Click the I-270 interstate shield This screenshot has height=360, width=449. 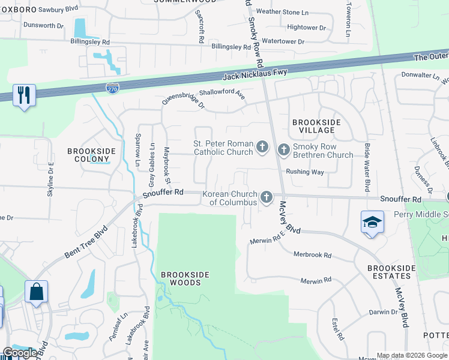click(112, 89)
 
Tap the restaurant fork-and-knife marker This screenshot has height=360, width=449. click(24, 95)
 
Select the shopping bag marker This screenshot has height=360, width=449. click(36, 292)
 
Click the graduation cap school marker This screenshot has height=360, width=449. click(372, 222)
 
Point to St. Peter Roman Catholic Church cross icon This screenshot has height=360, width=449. click(262, 146)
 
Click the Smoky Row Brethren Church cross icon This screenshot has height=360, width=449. click(283, 148)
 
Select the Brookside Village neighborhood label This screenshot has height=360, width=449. click(316, 126)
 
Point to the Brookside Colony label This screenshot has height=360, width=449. click(90, 155)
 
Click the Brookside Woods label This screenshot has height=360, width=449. click(185, 279)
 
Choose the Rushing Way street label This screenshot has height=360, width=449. click(305, 172)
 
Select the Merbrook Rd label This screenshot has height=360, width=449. click(312, 254)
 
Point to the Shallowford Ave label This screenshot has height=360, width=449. click(223, 94)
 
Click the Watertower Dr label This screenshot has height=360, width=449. click(283, 42)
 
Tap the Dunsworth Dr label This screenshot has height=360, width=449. click(43, 25)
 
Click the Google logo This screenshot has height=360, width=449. click(19, 353)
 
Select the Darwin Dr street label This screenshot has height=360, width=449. click(384, 312)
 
